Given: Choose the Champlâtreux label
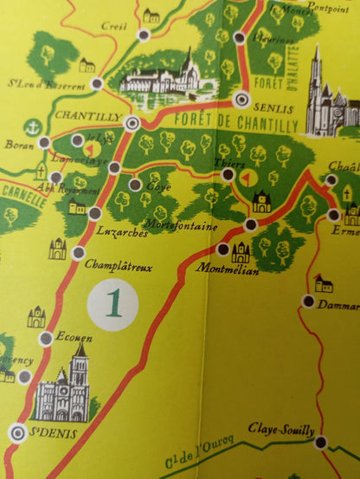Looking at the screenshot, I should [120, 268].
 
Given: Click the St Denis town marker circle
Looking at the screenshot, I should [16, 430].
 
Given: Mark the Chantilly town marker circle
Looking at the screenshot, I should [132, 123].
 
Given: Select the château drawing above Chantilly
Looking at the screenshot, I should [160, 76].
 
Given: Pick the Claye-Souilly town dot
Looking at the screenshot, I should [321, 442].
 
